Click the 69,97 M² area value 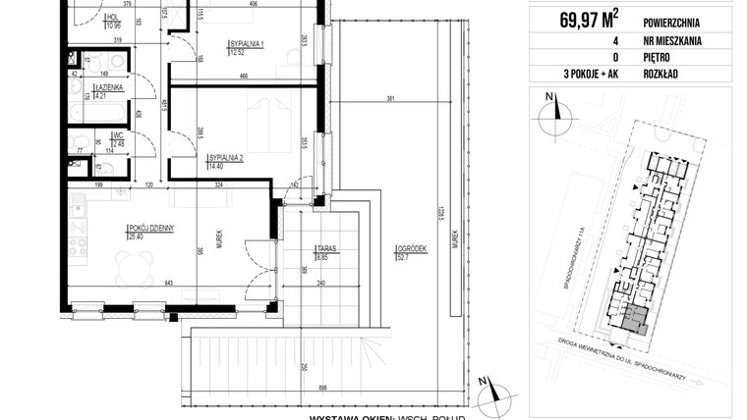click(575, 16)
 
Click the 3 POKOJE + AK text click(574, 75)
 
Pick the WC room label click(117, 137)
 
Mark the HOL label click(113, 17)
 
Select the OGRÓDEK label click(412, 250)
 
